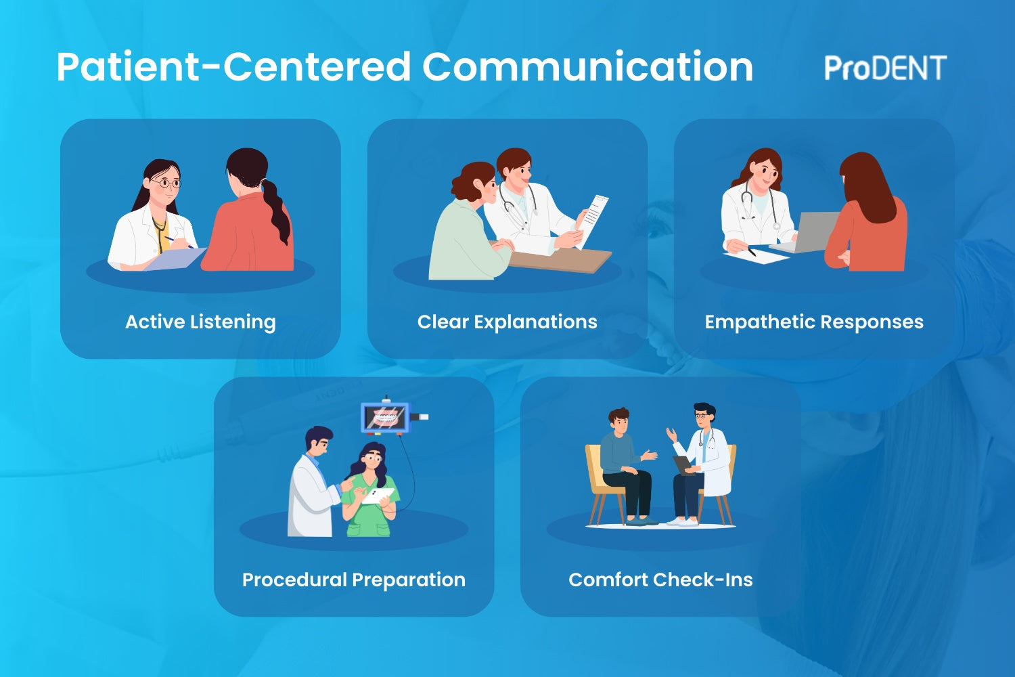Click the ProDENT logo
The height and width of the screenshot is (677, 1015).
point(885,68)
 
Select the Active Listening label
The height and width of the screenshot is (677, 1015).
point(200,322)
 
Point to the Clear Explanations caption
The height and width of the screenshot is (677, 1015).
point(507,322)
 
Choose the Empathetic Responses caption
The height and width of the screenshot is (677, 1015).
point(813,322)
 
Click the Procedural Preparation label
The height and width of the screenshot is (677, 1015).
point(353,580)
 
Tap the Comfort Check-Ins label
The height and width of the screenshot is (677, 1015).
point(660,580)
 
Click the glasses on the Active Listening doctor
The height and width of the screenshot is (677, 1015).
point(165,183)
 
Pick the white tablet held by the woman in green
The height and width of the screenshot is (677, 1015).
point(377,496)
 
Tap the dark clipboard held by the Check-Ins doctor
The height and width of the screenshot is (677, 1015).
point(683,464)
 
